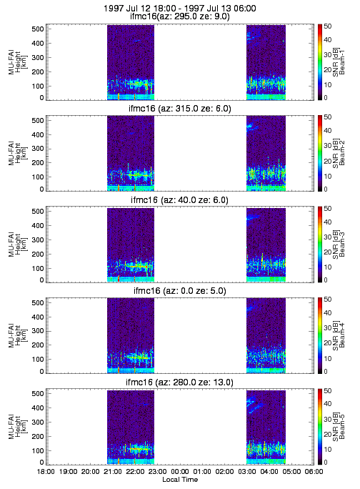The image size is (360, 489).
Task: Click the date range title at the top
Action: [180, 8]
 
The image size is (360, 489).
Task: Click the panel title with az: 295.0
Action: [180, 16]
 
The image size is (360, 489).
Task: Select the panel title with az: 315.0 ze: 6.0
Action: [180, 109]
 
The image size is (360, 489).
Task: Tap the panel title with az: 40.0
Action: [180, 200]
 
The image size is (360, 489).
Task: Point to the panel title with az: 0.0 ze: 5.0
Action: [180, 291]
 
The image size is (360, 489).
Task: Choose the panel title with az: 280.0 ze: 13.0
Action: [180, 382]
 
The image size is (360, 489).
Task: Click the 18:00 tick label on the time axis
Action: [46, 472]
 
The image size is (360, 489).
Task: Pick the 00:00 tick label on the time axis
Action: [180, 472]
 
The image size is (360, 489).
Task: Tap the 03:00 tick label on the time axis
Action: [247, 472]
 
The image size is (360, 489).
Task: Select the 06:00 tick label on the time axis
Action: [314, 472]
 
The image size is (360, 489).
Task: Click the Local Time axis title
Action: [180, 480]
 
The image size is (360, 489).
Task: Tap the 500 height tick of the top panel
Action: [37, 29]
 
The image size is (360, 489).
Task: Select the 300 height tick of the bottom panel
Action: [37, 423]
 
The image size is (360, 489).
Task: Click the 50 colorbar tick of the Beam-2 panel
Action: [327, 117]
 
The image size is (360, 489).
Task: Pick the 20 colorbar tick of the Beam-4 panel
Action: [327, 343]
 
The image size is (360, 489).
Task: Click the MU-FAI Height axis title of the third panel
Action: [17, 244]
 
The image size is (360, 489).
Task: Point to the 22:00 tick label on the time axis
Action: [135, 472]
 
